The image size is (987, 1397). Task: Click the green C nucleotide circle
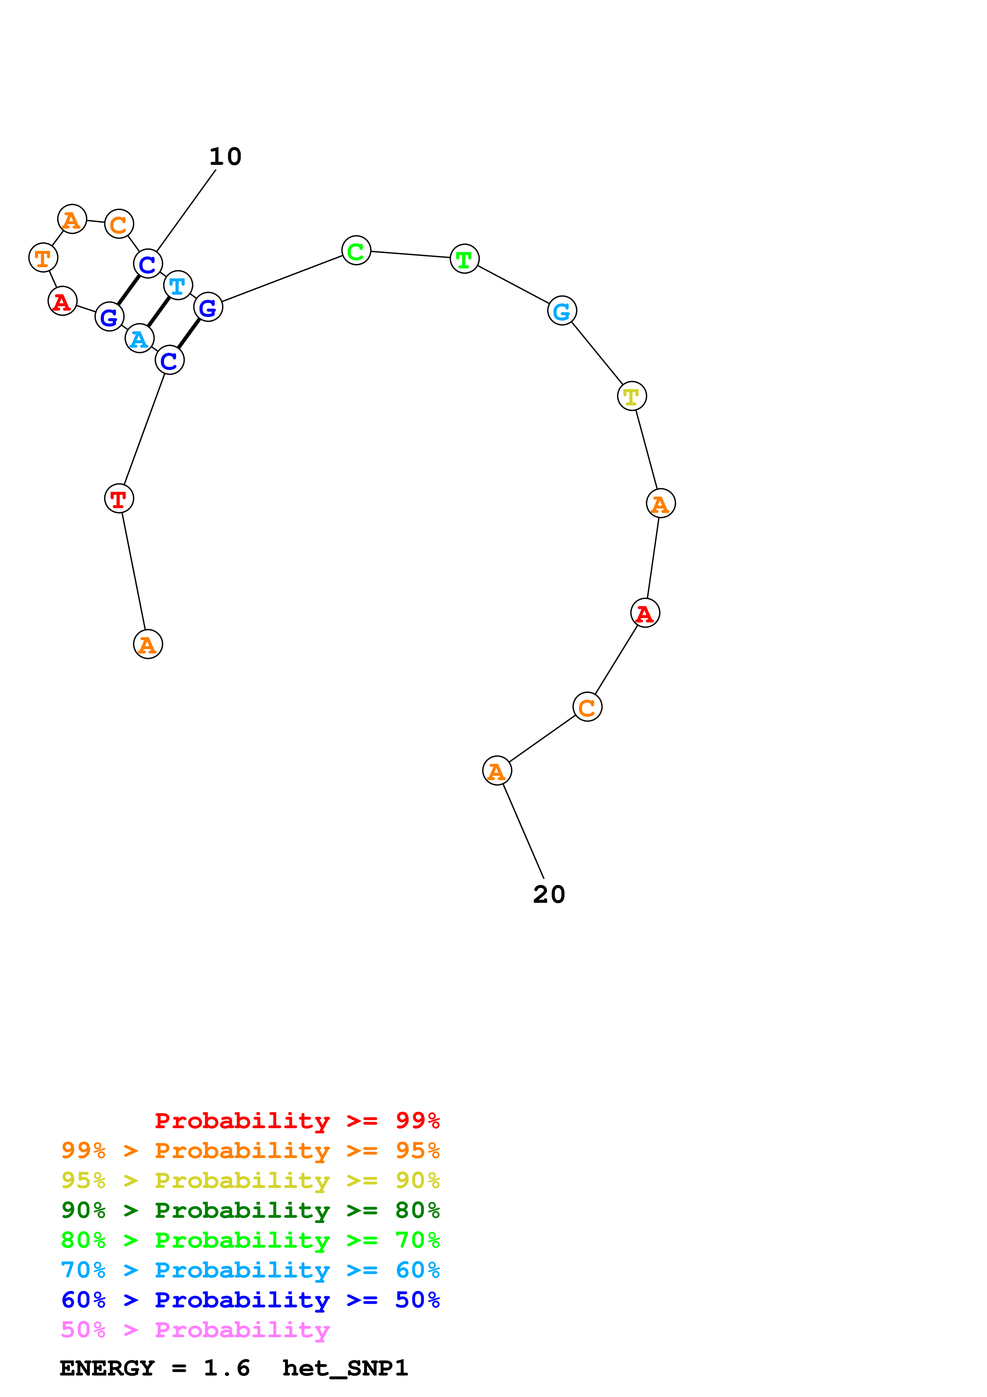click(x=356, y=250)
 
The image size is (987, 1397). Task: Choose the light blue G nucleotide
click(x=561, y=311)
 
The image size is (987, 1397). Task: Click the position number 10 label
click(x=225, y=157)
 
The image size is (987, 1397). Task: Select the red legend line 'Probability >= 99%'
click(x=297, y=1120)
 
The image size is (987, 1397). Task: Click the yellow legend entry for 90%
click(x=250, y=1180)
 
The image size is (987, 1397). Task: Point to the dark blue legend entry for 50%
click(x=250, y=1300)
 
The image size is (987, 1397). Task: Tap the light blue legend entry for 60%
click(x=250, y=1270)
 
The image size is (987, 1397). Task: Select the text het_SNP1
click(x=345, y=1368)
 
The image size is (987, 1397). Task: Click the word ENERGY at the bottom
click(x=107, y=1368)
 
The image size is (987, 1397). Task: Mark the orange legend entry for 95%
click(x=250, y=1150)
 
